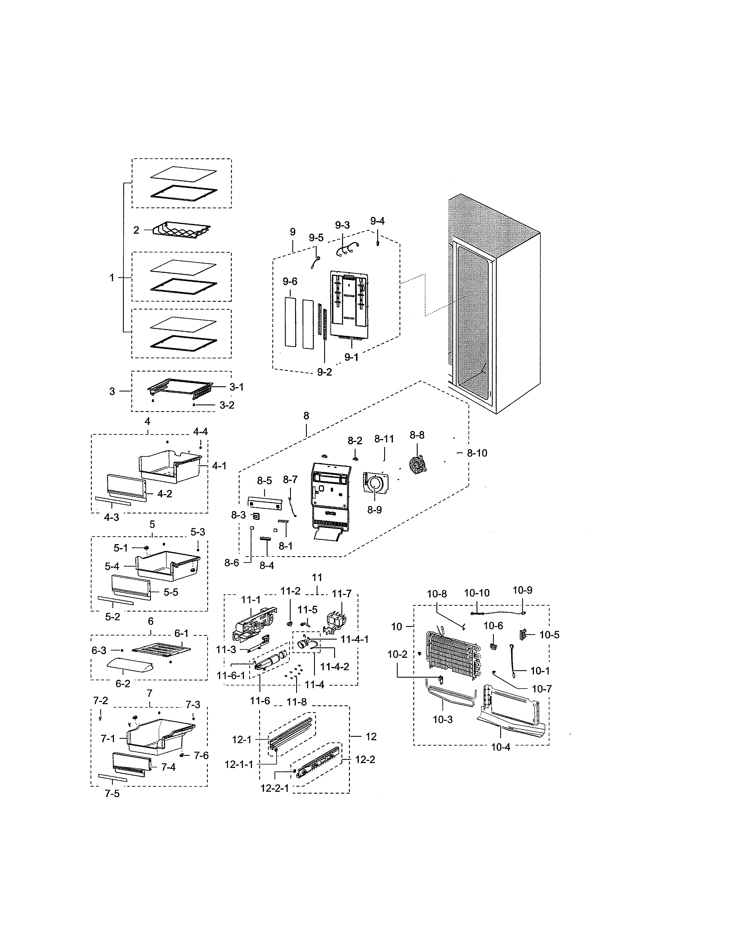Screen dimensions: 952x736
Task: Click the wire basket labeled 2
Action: tap(181, 230)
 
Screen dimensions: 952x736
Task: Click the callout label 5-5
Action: tap(171, 592)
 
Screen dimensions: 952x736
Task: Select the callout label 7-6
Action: tap(201, 756)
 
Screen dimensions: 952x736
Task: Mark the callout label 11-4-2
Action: tap(335, 667)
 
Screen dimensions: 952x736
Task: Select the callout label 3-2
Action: tap(227, 405)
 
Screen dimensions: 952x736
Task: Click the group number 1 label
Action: tap(112, 278)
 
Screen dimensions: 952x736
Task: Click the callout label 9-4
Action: tap(377, 221)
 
